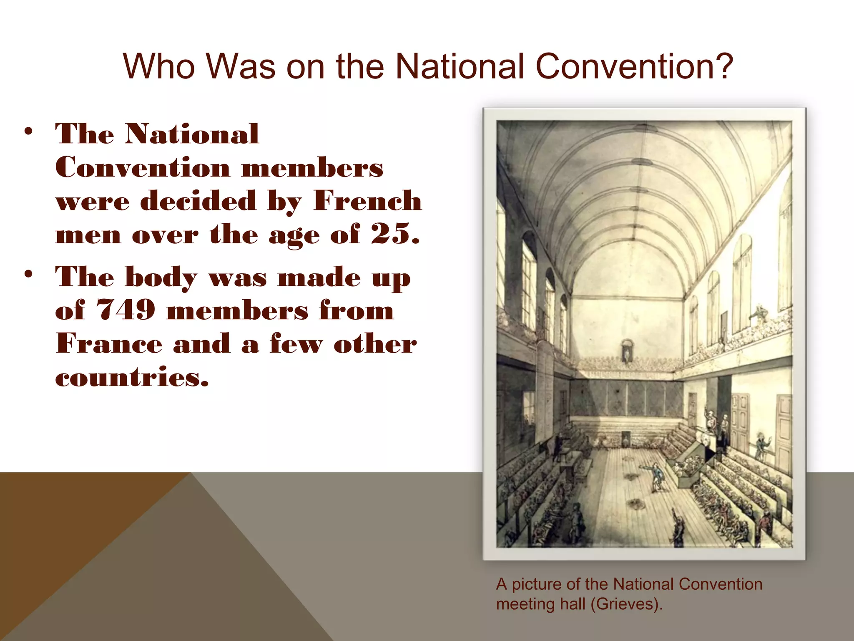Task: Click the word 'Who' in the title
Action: coord(158,67)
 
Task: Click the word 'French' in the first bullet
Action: coord(367,201)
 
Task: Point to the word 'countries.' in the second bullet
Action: coord(132,377)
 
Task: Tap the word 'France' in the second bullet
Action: coord(109,344)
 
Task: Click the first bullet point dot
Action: coord(28,132)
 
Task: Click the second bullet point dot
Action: coord(28,275)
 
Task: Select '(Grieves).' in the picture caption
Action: coord(627,604)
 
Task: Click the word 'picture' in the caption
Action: coord(538,584)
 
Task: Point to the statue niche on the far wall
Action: coord(627,351)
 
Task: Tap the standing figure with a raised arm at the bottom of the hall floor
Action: coord(678,528)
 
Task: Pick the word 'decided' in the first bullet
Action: coord(198,201)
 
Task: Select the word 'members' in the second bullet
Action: coord(238,310)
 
